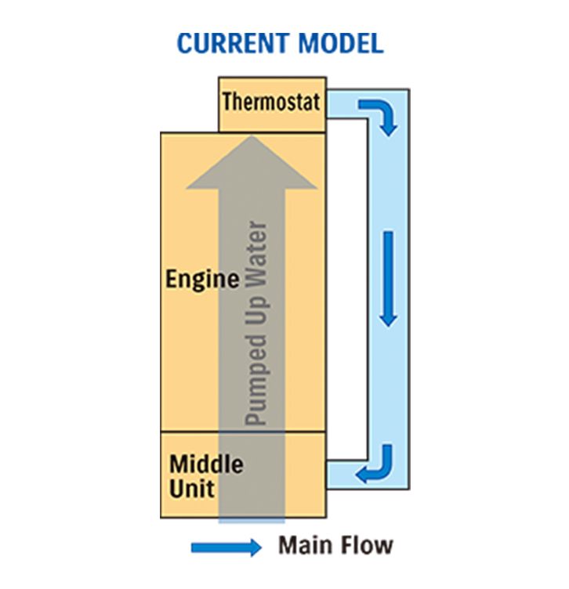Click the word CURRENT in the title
[x=233, y=43]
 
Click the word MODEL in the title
[x=341, y=43]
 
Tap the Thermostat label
[x=271, y=101]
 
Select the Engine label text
[x=202, y=280]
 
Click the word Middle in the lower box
[x=206, y=464]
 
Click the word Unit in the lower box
[x=192, y=489]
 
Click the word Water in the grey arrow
[x=256, y=255]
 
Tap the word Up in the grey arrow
[x=256, y=312]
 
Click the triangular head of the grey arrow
[x=252, y=162]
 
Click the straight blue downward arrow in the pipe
[x=388, y=279]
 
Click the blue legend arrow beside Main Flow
[x=227, y=547]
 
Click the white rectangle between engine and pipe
[x=346, y=289]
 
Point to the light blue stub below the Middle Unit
[x=252, y=521]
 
